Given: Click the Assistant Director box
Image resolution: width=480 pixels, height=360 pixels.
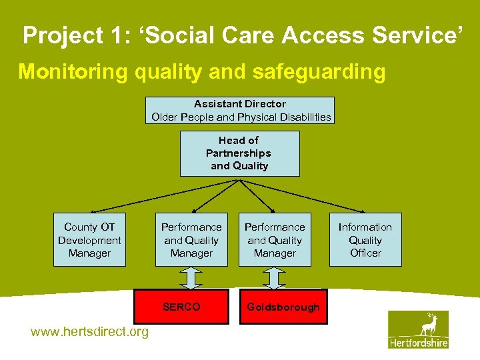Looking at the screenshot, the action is coord(239,110).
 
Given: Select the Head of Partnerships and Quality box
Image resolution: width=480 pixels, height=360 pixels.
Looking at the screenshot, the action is coord(239,153).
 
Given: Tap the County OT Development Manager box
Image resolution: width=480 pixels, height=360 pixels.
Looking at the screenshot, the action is coord(89,240).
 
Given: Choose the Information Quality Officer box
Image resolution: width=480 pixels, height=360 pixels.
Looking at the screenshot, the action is coord(365,240).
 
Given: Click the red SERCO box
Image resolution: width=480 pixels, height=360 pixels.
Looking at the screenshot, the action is coord(181,307).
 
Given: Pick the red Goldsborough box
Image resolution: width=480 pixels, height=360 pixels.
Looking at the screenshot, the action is coord(283,307).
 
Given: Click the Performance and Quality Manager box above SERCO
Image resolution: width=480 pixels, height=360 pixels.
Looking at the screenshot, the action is coord(191,240).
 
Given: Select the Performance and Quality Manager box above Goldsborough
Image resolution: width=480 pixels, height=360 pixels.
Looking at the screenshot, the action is coord(275,240).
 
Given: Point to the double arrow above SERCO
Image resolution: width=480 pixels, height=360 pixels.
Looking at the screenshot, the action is coord(191,277).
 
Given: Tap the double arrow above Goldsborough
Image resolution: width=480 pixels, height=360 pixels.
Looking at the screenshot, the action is coord(275,277).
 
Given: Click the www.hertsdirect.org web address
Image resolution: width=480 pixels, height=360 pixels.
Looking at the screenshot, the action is coord(90,332).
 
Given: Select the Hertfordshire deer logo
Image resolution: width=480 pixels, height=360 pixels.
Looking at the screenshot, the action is coord(419,329).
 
